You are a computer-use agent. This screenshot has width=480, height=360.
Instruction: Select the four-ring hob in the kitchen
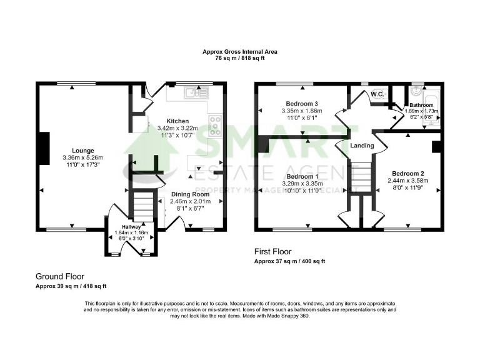(x=214, y=126)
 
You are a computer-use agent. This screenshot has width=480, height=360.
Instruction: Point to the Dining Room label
(x=190, y=194)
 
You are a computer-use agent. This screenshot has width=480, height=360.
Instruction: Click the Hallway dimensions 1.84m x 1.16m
(x=131, y=232)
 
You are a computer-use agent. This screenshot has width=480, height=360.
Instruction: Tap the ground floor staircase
(x=143, y=206)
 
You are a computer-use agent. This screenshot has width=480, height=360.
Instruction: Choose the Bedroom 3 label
(x=301, y=104)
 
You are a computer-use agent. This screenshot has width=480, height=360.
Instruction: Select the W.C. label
(x=377, y=94)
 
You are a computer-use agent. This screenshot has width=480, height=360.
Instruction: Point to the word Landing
(x=362, y=146)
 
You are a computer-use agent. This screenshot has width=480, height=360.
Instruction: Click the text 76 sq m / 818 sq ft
(x=240, y=57)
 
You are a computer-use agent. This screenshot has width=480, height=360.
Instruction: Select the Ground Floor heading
(x=60, y=276)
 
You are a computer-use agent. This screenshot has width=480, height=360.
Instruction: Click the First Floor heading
(x=272, y=251)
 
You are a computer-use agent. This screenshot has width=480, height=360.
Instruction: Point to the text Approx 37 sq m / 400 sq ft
(x=289, y=261)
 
